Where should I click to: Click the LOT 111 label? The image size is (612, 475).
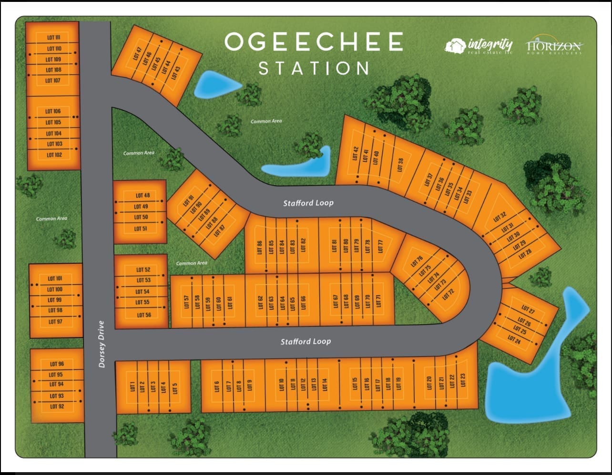pos(53,37)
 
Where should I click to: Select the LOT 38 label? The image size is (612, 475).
pos(400,165)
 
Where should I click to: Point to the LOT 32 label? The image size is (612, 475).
pos(500,217)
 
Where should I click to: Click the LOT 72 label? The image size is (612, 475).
pos(448,294)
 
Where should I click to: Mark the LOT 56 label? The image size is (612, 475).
pos(144,315)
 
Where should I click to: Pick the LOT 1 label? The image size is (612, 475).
pos(132,386)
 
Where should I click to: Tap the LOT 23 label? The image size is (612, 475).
pos(463,380)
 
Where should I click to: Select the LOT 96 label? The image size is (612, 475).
pos(57,364)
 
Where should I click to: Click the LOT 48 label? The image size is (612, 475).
pos(143,196)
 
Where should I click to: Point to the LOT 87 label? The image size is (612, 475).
pos(219,231)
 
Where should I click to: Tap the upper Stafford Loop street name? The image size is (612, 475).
pos(308,203)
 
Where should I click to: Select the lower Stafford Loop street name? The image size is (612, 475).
pos(306,342)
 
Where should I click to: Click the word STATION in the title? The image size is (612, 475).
pos(314,68)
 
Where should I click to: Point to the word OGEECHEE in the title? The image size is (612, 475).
pos(314,42)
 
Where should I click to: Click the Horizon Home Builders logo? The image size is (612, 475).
pos(553,47)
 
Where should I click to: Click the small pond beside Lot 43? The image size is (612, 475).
pos(215,85)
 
